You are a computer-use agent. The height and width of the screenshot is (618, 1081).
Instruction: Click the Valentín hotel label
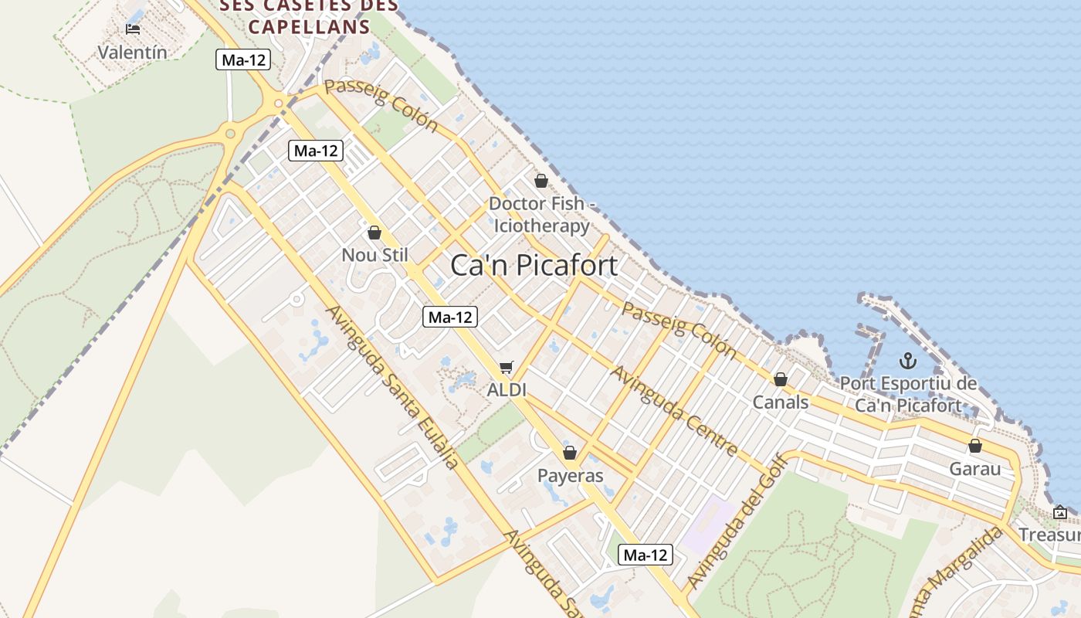(132, 53)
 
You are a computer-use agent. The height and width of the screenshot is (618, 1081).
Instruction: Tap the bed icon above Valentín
(133, 29)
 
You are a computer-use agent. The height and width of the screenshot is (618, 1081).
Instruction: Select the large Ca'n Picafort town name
(534, 266)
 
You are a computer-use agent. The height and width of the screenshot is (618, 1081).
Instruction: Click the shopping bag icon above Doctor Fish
(541, 181)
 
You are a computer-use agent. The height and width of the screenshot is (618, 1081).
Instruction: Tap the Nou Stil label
(374, 255)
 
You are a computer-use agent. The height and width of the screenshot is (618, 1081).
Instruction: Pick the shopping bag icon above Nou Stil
(374, 233)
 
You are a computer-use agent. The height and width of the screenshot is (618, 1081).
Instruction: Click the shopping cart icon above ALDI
(506, 368)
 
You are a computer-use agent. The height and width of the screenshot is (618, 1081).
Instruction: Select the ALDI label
(507, 390)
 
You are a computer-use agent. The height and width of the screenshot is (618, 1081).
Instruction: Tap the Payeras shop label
(570, 475)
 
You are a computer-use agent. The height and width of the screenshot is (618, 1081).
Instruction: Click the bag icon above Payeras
(570, 453)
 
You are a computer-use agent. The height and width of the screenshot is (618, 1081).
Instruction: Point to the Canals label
(781, 402)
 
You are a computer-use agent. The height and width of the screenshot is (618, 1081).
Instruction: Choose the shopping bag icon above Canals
(781, 379)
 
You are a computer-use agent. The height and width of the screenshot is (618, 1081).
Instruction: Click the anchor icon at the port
(908, 361)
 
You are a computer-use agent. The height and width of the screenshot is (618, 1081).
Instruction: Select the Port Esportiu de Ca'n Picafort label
(908, 394)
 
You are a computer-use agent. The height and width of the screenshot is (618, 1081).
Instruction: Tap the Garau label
(974, 469)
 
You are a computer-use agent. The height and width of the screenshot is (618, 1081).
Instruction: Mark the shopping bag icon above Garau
(975, 446)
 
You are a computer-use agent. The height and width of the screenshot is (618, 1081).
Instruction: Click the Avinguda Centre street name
(674, 411)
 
